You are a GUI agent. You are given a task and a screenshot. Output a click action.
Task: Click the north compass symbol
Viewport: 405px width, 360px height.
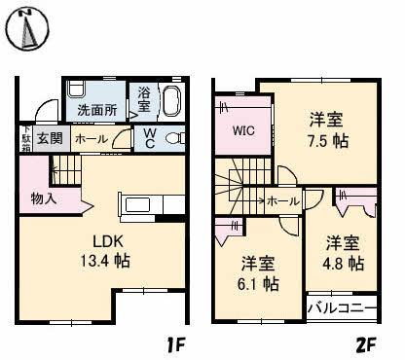(29, 28)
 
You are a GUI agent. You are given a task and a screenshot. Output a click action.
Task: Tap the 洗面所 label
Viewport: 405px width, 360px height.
(97, 110)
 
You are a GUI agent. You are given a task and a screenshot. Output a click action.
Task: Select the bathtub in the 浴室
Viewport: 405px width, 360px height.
(172, 101)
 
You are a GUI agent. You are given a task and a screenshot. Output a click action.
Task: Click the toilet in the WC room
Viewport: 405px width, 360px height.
(173, 139)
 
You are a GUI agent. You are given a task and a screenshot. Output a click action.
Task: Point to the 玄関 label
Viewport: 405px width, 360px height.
(49, 139)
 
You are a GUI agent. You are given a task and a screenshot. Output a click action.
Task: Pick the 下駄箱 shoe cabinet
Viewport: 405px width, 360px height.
(26, 138)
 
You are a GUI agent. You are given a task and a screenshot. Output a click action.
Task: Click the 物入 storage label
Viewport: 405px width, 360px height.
(44, 198)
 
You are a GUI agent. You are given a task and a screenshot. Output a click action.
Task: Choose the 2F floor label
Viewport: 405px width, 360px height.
(365, 343)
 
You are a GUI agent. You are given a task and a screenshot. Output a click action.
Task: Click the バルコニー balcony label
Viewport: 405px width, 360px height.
(341, 310)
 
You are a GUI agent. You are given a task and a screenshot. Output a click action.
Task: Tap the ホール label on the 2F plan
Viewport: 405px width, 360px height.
(283, 200)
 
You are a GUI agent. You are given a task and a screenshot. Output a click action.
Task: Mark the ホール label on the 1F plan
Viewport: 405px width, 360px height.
(91, 139)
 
